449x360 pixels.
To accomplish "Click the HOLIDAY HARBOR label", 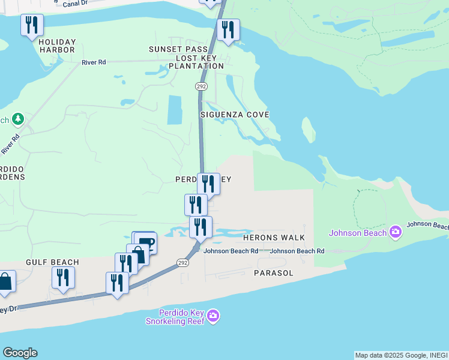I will pyautogui.click(x=58, y=46).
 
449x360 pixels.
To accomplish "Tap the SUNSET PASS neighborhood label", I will pyautogui.click(x=179, y=49).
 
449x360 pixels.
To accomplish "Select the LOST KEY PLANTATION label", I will pyautogui.click(x=197, y=62).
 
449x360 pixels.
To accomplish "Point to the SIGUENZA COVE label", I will pyautogui.click(x=235, y=114).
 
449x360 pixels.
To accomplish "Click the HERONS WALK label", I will pyautogui.click(x=274, y=238).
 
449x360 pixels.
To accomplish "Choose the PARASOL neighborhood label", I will pyautogui.click(x=273, y=273).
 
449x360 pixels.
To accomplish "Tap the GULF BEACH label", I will pyautogui.click(x=52, y=262).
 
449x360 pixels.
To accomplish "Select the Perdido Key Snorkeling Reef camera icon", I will pyautogui.click(x=213, y=316).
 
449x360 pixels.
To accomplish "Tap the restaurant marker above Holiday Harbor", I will pyautogui.click(x=32, y=25).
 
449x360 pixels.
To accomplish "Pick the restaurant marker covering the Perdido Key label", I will pyautogui.click(x=208, y=183).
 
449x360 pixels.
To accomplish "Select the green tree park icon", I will pyautogui.click(x=18, y=119).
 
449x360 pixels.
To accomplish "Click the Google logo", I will pyautogui.click(x=20, y=353).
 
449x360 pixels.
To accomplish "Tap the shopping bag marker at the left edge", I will pyautogui.click(x=5, y=281).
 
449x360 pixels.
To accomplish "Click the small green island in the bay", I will pyautogui.click(x=308, y=129).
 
